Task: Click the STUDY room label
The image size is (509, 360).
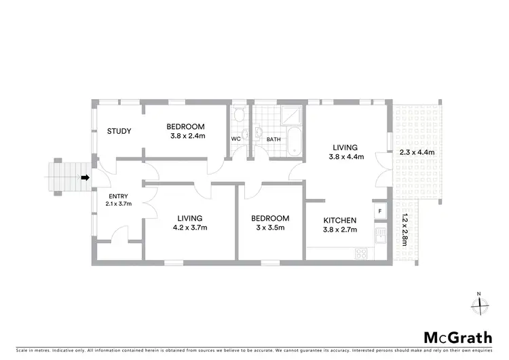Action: [119, 131]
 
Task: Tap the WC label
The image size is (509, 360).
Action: [236, 139]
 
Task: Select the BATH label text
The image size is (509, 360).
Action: [274, 139]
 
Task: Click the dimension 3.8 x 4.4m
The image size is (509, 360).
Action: [348, 157]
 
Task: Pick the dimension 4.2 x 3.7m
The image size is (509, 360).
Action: [190, 228]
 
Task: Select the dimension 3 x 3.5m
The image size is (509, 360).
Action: [270, 228]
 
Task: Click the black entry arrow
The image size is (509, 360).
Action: [85, 178]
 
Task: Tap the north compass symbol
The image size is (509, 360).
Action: [480, 304]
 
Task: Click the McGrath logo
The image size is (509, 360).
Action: [453, 337]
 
